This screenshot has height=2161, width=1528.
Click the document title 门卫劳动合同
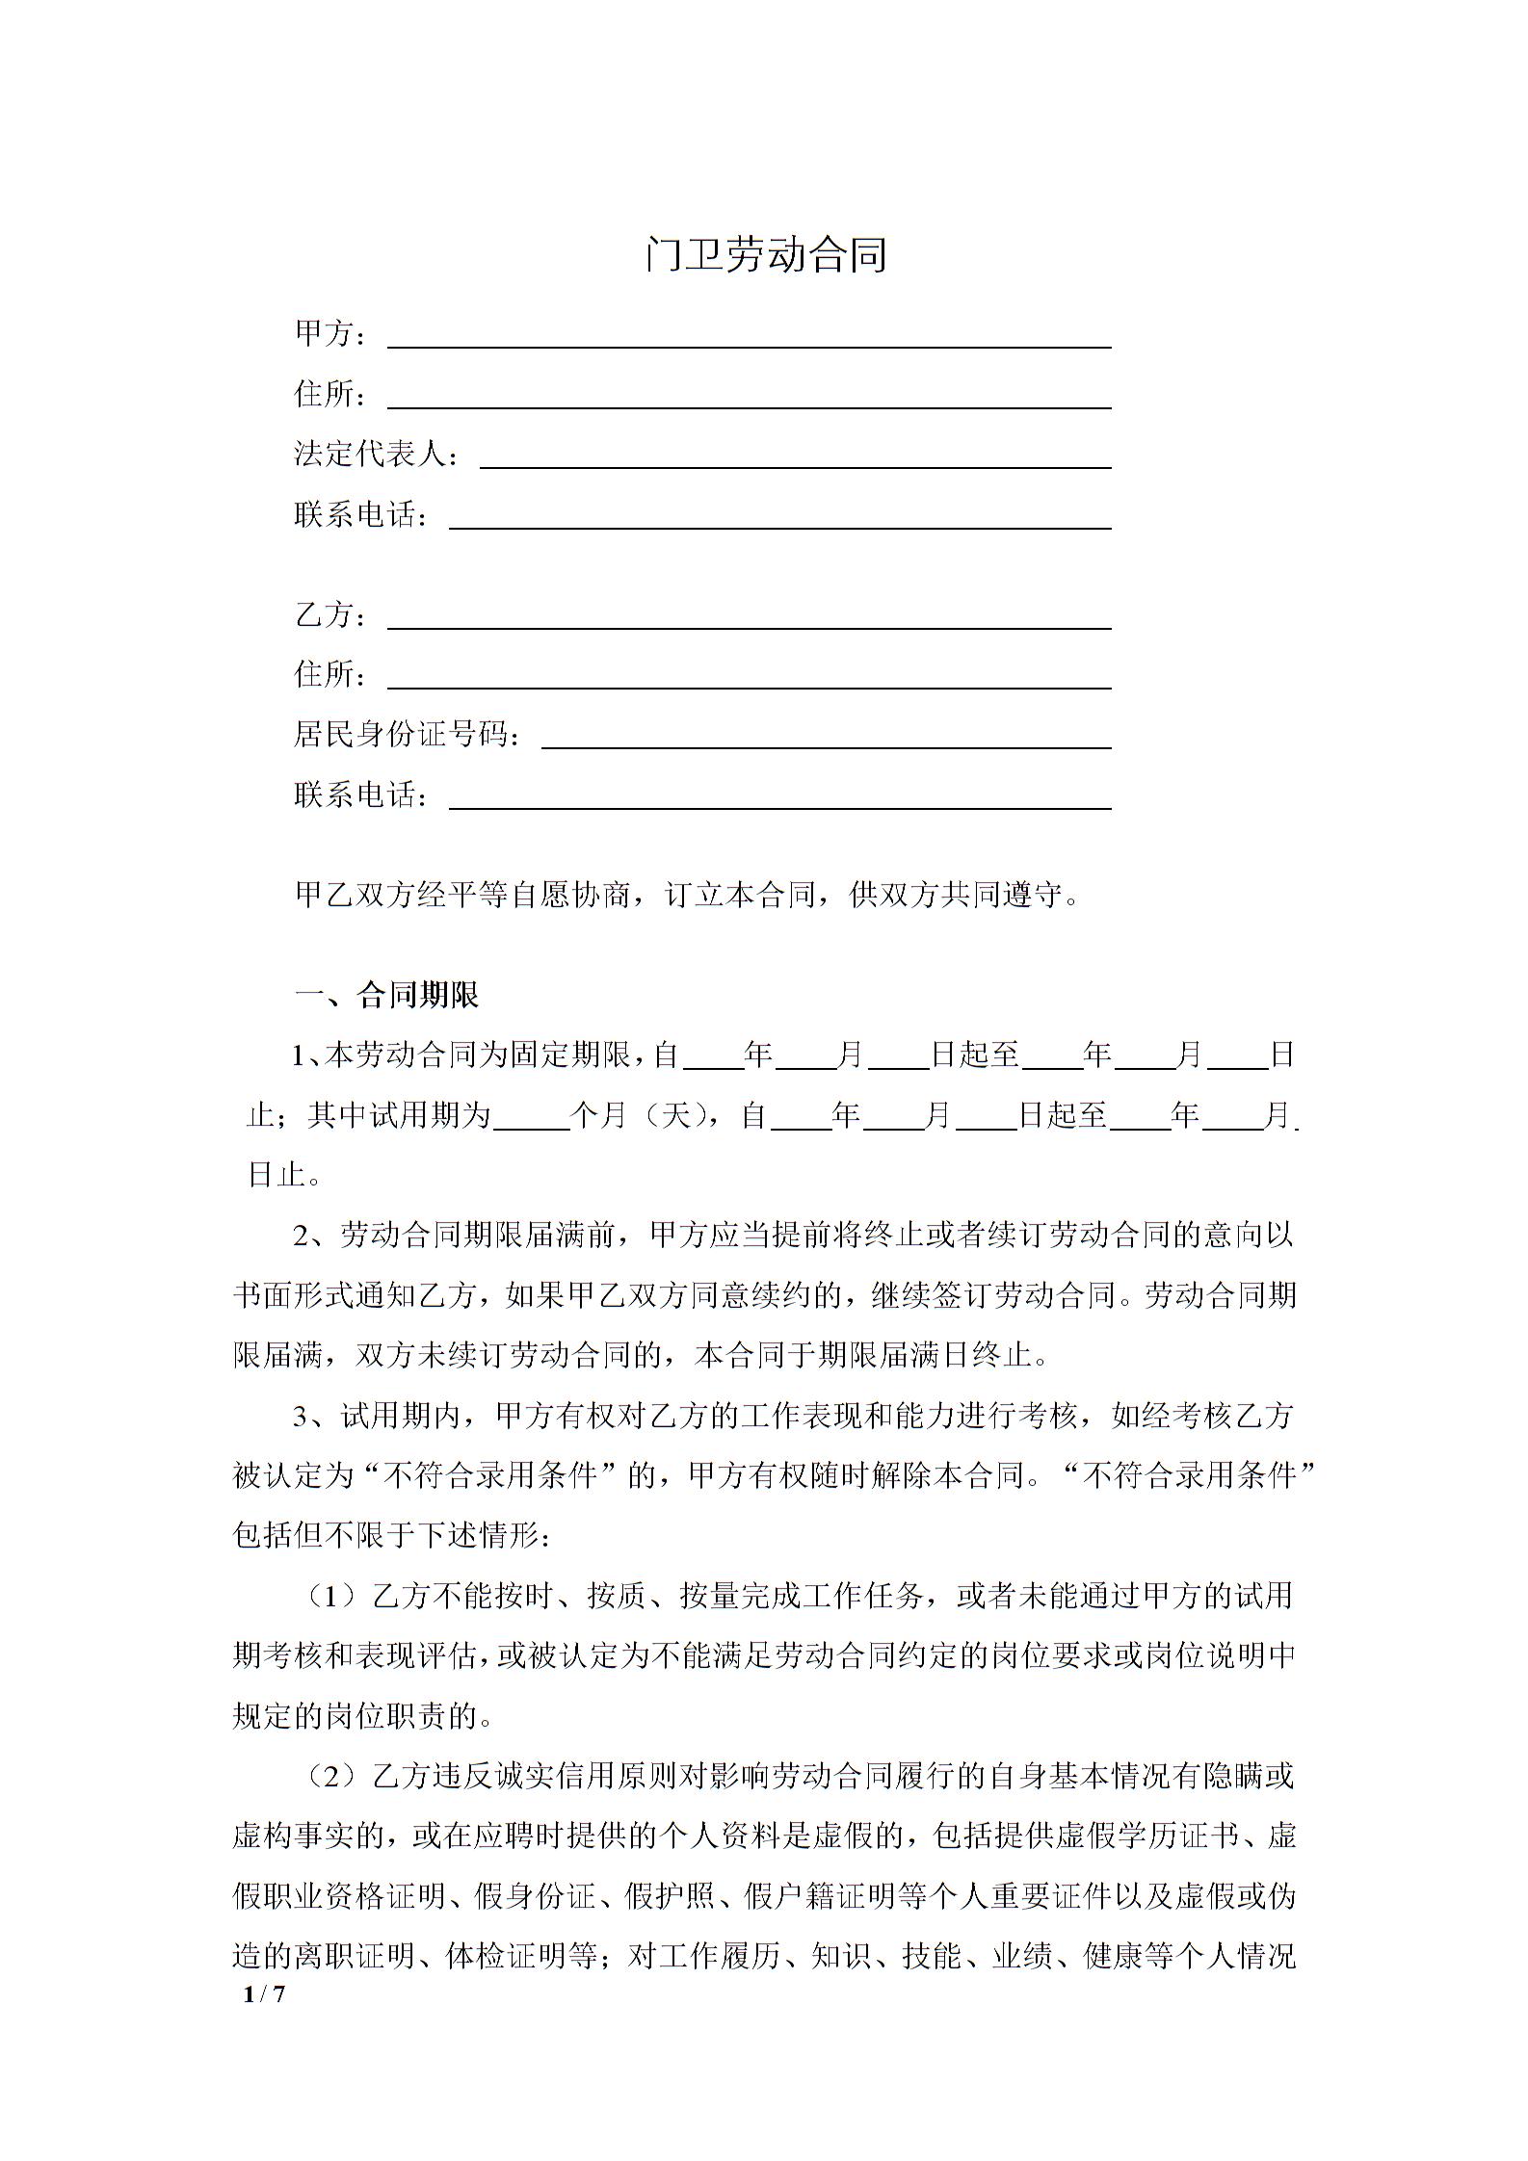[x=766, y=255]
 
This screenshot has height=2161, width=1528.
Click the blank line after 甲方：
[x=749, y=337]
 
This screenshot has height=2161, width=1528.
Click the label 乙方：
[x=331, y=615]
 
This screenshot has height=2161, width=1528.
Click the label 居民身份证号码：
[x=408, y=736]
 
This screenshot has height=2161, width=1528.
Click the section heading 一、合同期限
[x=386, y=995]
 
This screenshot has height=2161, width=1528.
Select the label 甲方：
[x=331, y=334]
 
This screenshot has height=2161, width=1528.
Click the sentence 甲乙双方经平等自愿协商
[x=689, y=896]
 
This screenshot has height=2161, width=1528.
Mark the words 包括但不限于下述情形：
[x=393, y=1536]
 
